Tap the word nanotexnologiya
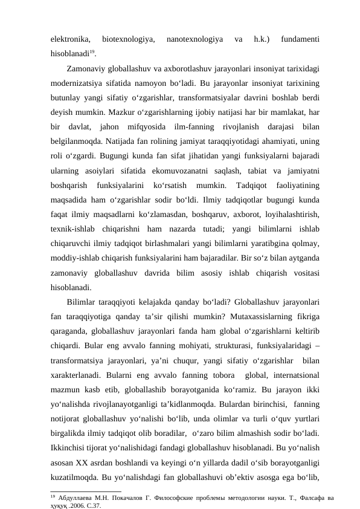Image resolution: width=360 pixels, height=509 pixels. click(194, 40)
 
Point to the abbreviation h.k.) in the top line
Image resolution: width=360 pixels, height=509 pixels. click(263, 40)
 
